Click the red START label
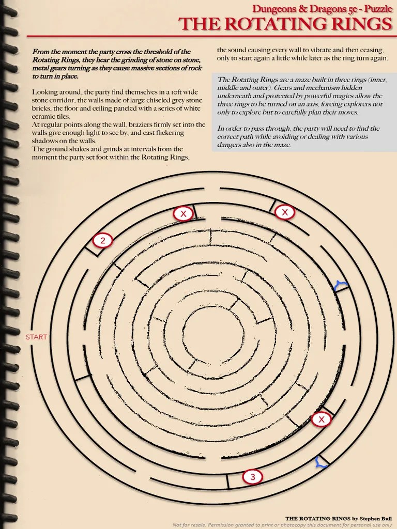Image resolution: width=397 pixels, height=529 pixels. pyautogui.click(x=36, y=337)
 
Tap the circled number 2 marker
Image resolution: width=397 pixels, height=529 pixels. pyautogui.click(x=103, y=240)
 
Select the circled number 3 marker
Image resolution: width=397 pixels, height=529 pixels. pyautogui.click(x=252, y=477)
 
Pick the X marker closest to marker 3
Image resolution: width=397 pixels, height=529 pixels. pyautogui.click(x=322, y=419)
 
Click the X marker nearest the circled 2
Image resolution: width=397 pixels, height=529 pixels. pyautogui.click(x=182, y=213)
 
